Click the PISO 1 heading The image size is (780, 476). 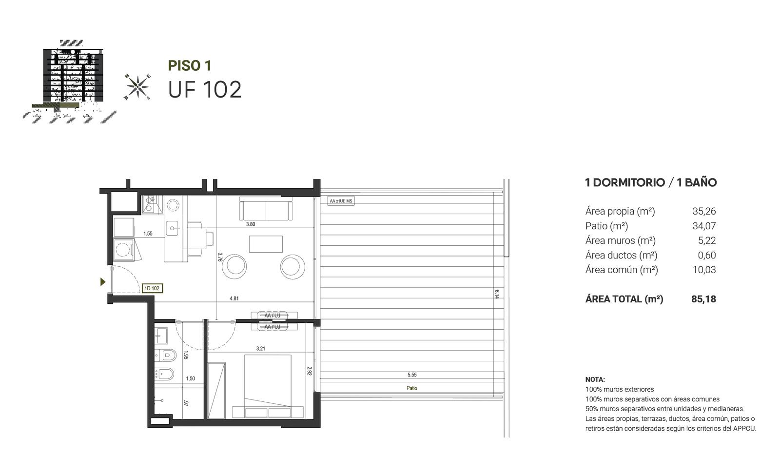tap(190, 65)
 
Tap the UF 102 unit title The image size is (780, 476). tap(205, 90)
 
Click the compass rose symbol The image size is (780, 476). tap(137, 87)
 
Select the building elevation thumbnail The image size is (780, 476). tap(69, 81)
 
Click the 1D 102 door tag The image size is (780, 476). tap(152, 288)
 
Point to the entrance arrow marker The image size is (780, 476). tap(103, 281)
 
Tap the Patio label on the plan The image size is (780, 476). tap(412, 388)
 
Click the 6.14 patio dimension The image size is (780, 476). tap(497, 294)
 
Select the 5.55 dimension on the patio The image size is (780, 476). tap(412, 375)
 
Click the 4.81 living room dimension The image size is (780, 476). tap(234, 298)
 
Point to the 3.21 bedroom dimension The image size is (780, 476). tap(260, 348)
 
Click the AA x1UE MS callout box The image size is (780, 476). tap(341, 201)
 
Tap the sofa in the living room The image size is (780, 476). tap(266, 208)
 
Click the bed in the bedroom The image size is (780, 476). tap(268, 386)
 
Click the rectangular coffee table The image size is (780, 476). tap(266, 244)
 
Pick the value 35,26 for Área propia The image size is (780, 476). tap(704, 211)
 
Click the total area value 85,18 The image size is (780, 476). tap(704, 299)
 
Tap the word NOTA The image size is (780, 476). tap(595, 379)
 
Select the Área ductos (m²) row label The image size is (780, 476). tap(621, 256)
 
